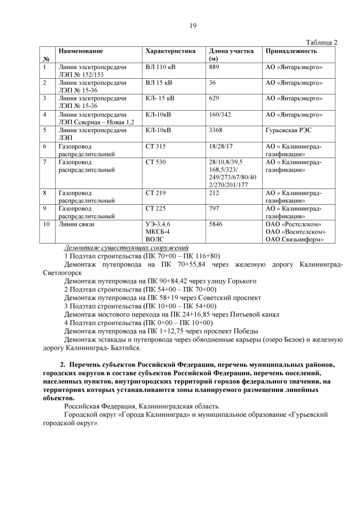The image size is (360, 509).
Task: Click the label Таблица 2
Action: [321, 42]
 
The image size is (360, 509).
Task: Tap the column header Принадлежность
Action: [291, 51]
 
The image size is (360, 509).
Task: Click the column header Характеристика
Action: [170, 51]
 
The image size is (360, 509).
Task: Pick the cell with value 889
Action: [214, 67]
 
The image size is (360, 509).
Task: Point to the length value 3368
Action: [216, 130]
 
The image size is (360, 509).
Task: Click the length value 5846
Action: [216, 224]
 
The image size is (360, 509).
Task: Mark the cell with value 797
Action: [214, 209]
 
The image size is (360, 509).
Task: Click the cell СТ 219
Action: [156, 193]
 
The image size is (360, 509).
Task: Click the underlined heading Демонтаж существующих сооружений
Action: [127, 247]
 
